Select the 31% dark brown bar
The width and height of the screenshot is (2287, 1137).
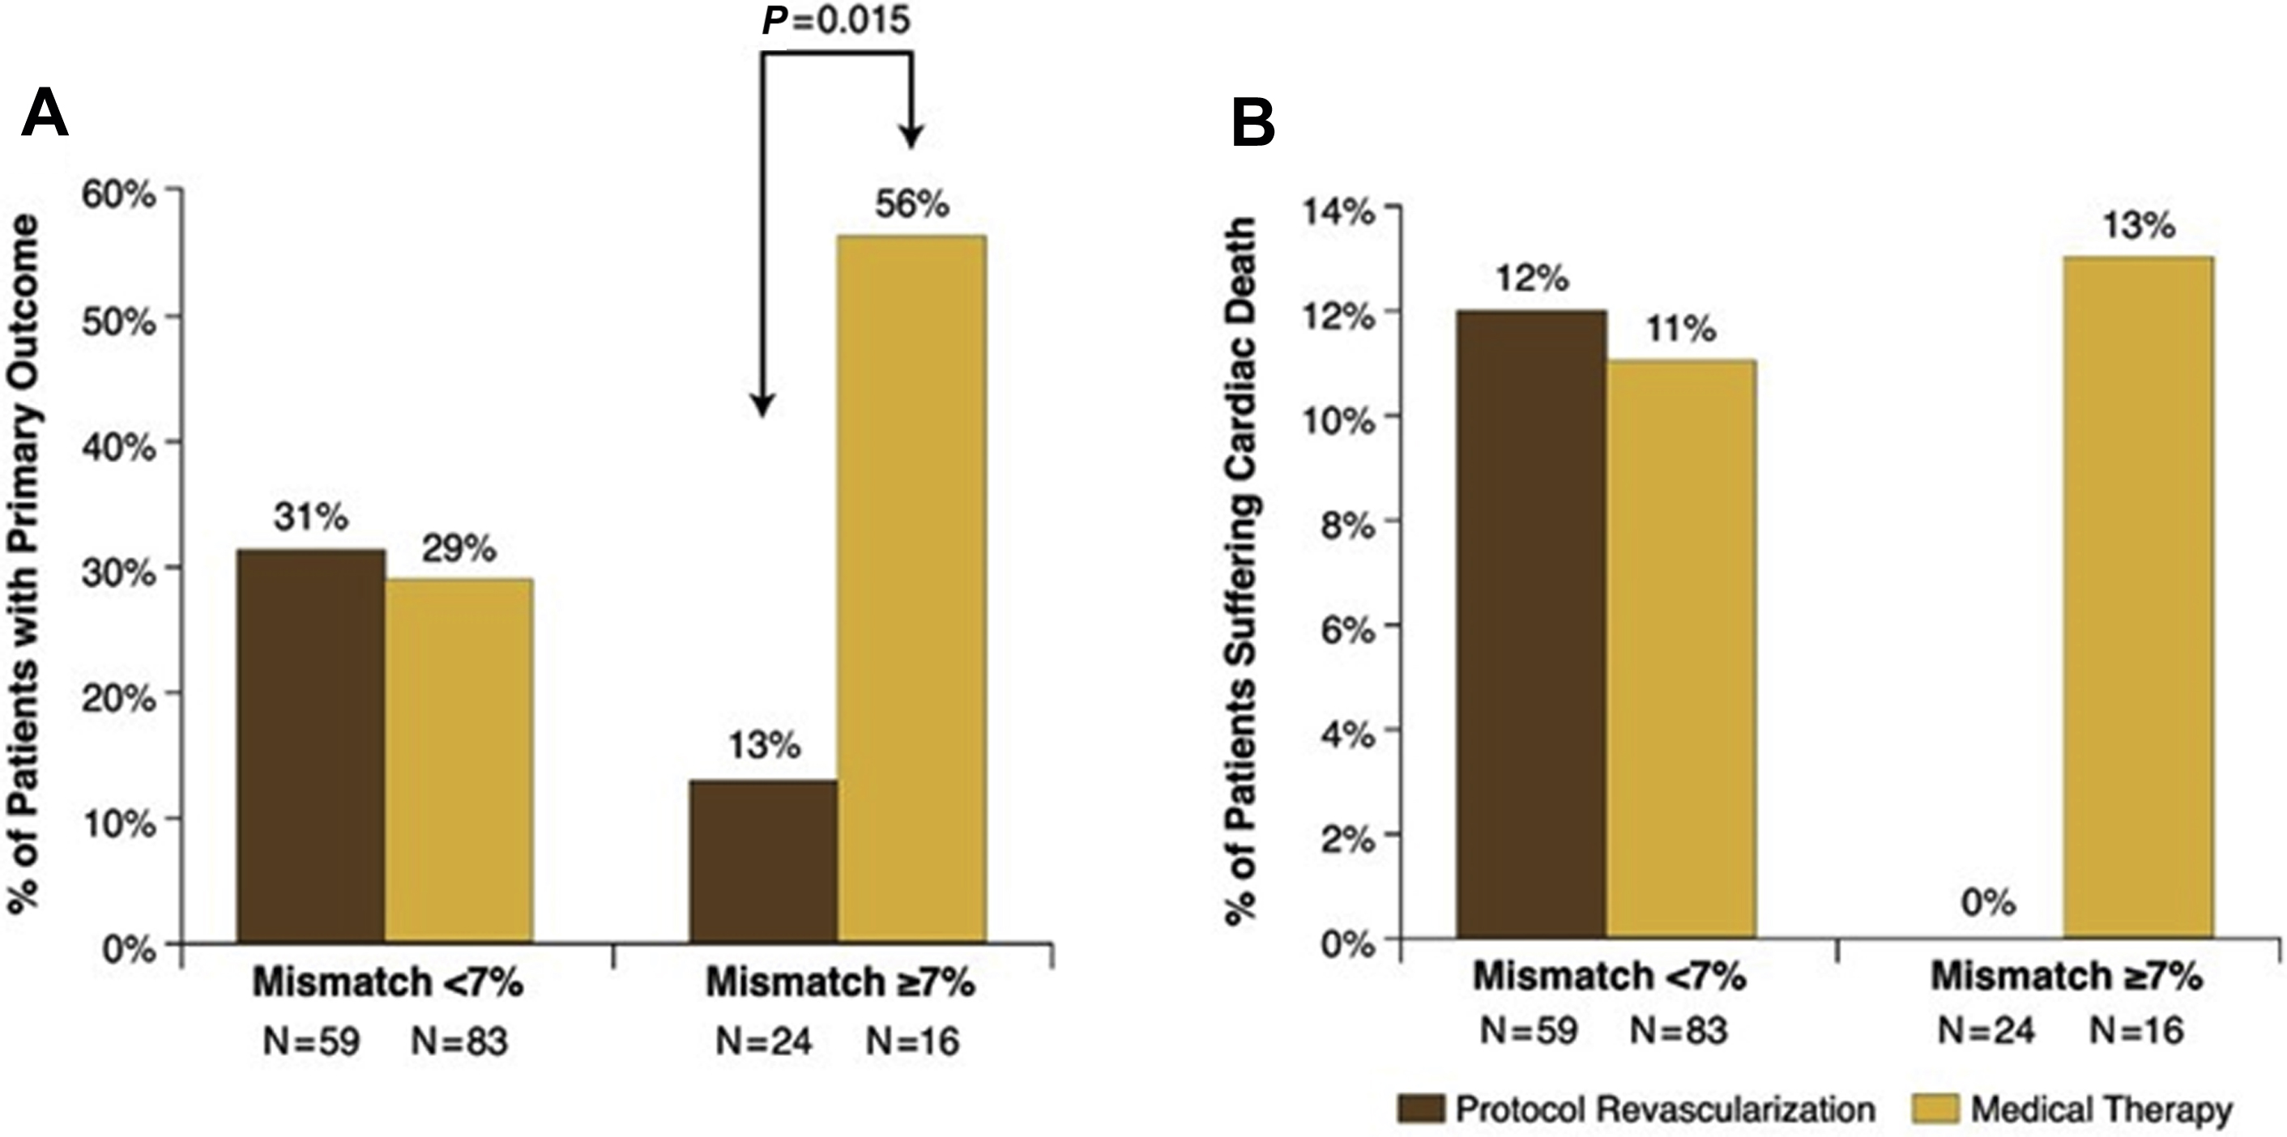(x=311, y=746)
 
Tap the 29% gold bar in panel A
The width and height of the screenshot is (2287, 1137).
(x=459, y=760)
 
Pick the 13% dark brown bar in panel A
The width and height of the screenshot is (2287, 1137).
(x=763, y=861)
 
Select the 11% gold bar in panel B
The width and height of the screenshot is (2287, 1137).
(x=1681, y=649)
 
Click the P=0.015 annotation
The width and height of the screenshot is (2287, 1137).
(x=836, y=19)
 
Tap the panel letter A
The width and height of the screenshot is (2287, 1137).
(x=45, y=115)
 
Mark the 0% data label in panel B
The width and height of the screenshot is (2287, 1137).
(x=1989, y=904)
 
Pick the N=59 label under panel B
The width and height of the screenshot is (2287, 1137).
(x=1529, y=1030)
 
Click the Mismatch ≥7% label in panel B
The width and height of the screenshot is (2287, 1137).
(x=2067, y=977)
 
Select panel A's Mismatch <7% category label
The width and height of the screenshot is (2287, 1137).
(x=388, y=983)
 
